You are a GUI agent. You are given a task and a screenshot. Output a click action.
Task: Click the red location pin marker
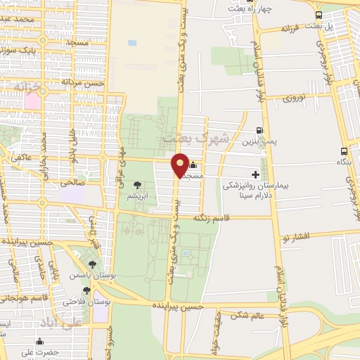tap(181, 165)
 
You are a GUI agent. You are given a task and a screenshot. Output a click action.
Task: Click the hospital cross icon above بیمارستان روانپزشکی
tap(255, 174)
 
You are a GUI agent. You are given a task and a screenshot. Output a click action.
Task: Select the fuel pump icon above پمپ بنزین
tap(260, 130)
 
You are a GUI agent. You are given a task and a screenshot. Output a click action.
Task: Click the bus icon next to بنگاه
tap(344, 151)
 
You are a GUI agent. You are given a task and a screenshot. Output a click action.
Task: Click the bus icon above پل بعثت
tap(319, 15)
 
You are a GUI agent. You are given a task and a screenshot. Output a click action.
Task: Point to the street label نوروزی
tap(296, 99)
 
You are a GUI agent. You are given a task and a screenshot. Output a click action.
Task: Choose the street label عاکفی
tap(20, 158)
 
